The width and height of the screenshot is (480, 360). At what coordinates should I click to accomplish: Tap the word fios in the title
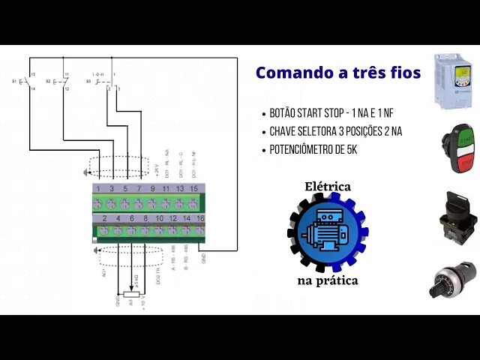click(403, 73)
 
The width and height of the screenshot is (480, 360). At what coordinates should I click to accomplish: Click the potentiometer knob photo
click(457, 280)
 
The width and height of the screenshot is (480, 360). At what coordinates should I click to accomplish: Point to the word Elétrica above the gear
click(327, 186)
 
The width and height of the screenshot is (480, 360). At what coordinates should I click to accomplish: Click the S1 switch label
click(16, 80)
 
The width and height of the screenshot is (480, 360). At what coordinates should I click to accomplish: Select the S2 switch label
click(48, 80)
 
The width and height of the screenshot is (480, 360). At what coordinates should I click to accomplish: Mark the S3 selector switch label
click(88, 80)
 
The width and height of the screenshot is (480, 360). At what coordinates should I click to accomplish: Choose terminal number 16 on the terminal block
click(200, 217)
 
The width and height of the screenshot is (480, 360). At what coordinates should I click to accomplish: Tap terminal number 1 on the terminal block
click(98, 187)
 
